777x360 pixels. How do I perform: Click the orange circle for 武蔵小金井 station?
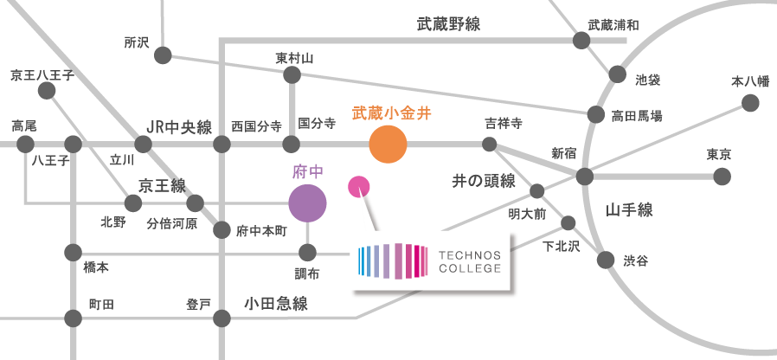388,145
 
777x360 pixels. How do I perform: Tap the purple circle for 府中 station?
307,204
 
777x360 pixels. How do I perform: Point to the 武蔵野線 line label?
448,25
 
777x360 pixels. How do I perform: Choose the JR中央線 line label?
179,127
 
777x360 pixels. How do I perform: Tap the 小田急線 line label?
276,304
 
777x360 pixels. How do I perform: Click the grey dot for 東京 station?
722,177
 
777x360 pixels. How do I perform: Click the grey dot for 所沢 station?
163,55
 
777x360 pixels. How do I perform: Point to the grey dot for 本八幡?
750,104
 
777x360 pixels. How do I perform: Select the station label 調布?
307,273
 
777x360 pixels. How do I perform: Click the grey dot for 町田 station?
73,318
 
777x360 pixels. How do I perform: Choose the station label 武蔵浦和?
613,25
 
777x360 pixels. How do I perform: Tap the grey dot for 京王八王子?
47,91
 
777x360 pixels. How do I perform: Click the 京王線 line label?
162,184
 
